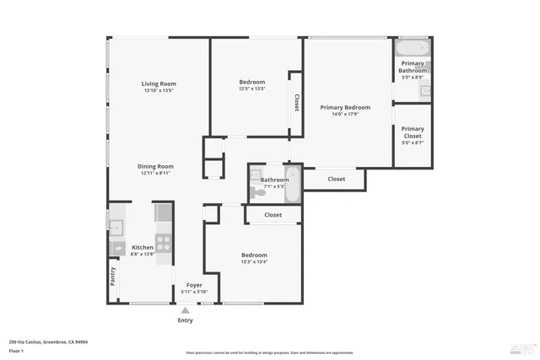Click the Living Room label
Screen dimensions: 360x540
coord(159,83)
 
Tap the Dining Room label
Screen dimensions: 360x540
coord(155,166)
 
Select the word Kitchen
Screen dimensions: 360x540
coord(143,247)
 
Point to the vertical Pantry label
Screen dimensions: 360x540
coord(113,277)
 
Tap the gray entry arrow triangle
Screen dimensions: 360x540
coord(185,310)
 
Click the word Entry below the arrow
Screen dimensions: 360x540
coord(185,320)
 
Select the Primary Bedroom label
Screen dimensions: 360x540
coord(345,107)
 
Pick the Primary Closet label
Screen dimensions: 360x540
coord(413,132)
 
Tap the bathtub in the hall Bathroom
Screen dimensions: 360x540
coord(292,185)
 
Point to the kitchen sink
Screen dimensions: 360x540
coord(116,226)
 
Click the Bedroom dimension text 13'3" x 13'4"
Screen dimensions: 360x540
coord(254,261)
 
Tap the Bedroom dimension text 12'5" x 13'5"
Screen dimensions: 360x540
coord(252,89)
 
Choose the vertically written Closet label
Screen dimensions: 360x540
coord(296,102)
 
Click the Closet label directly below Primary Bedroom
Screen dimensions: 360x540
coord(336,179)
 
